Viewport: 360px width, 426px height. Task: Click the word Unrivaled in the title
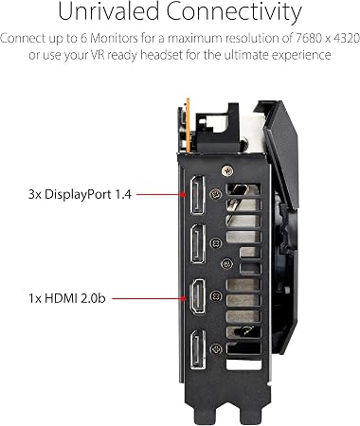[109, 11]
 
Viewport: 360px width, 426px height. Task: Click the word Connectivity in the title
[234, 12]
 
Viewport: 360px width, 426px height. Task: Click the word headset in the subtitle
[161, 55]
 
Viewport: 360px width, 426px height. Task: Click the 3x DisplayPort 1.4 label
[80, 195]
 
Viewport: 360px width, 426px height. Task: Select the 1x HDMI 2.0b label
[67, 298]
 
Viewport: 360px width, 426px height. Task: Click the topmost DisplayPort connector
[197, 195]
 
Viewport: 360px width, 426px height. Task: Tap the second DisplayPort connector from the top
[198, 243]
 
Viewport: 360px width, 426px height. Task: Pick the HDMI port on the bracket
[197, 296]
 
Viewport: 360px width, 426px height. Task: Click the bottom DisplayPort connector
[198, 349]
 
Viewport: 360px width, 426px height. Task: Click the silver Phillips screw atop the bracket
[227, 171]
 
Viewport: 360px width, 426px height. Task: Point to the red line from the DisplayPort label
[160, 194]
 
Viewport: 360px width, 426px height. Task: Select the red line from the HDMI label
[149, 298]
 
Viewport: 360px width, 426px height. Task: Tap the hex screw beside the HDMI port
[216, 296]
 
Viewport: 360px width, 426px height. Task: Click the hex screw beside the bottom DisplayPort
[216, 348]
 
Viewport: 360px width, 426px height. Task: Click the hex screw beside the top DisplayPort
[216, 193]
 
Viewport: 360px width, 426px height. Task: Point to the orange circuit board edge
[189, 125]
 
